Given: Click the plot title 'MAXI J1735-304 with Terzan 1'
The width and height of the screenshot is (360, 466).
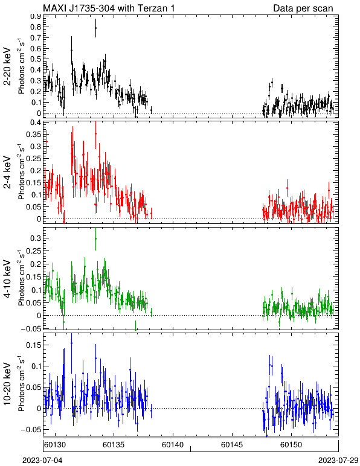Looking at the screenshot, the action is tap(109, 8).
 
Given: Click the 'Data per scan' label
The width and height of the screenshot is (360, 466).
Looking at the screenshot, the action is tap(303, 8).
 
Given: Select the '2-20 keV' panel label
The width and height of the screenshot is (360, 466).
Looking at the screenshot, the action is tap(7, 66).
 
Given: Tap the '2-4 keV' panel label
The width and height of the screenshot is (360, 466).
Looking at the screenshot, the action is tap(7, 172).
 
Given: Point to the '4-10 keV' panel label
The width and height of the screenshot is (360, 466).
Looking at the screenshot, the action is tap(7, 278).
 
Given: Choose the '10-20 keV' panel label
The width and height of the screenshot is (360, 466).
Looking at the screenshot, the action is tap(7, 384).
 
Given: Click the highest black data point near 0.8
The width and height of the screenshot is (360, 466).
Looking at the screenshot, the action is tap(95, 28).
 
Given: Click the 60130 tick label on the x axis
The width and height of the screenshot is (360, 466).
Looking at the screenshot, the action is tap(55, 445).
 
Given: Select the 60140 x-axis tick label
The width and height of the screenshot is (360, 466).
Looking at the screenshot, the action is tap(173, 445).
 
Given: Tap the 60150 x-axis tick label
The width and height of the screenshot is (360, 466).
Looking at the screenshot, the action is tap(291, 445).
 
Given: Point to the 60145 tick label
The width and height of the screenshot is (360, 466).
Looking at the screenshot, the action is tap(232, 445).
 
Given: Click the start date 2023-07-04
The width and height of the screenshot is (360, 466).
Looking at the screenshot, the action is tap(42, 461).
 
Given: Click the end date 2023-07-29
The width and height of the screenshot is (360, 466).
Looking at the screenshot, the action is tap(338, 461).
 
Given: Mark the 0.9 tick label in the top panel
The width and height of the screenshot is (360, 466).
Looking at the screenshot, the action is tap(36, 16).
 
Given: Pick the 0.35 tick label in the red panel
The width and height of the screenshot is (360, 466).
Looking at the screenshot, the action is tap(33, 134).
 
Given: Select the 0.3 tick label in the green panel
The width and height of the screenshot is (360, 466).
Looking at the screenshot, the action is tap(36, 238).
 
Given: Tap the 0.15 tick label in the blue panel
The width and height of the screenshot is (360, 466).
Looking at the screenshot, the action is tap(33, 345).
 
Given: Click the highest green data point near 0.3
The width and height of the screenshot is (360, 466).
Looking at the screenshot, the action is tap(95, 238).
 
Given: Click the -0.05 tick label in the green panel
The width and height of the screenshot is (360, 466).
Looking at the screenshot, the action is tap(31, 328).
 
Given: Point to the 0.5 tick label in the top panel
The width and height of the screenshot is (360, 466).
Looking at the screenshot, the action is tap(36, 59).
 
